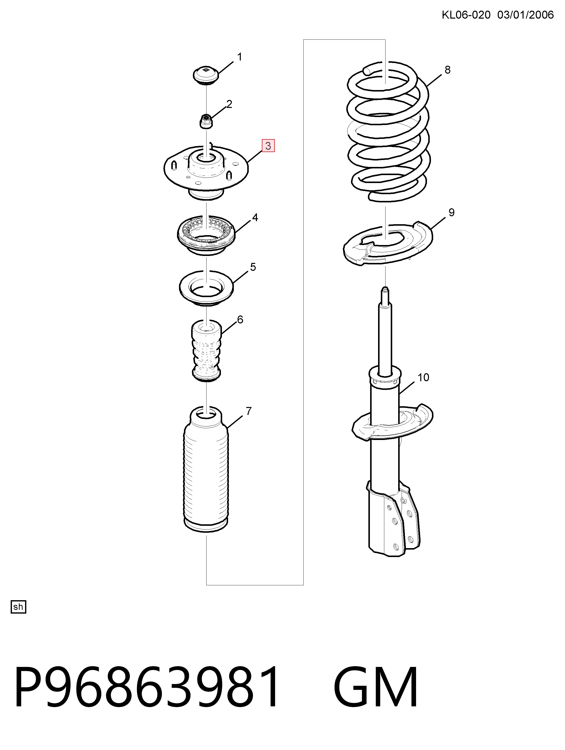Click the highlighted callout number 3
click(x=268, y=146)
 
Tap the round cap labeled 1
click(x=206, y=75)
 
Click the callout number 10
click(x=423, y=377)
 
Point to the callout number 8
click(x=447, y=70)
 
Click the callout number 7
click(x=249, y=411)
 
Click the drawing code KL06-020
click(x=466, y=15)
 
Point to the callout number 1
click(x=240, y=57)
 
